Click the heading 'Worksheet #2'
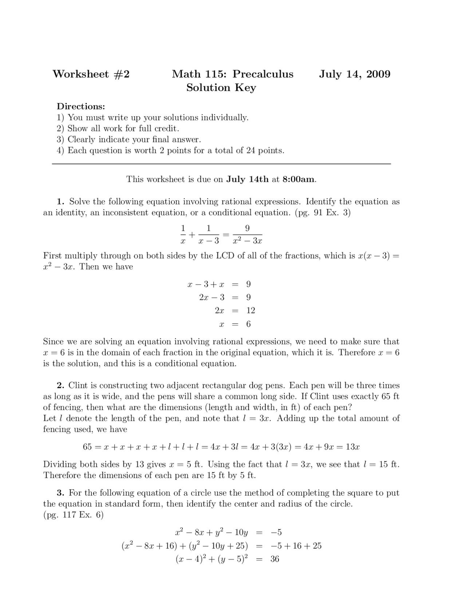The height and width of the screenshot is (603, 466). (x=91, y=74)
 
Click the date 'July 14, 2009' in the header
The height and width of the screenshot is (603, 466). (x=355, y=74)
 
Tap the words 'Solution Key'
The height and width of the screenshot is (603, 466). (x=221, y=88)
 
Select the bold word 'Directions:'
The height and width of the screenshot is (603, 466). (x=81, y=106)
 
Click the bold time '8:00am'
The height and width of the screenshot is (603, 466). (x=299, y=179)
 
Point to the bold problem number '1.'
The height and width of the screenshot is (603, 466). (x=60, y=202)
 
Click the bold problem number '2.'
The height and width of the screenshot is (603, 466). (x=60, y=386)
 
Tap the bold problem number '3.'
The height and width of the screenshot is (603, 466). (x=60, y=493)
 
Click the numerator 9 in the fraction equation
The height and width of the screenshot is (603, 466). (x=247, y=228)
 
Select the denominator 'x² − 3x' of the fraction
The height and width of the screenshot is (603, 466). (x=248, y=241)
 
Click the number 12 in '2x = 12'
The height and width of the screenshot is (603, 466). (x=250, y=311)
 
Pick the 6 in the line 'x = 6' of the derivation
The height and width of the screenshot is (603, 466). (x=248, y=324)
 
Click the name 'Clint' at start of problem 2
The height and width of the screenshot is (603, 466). (x=78, y=386)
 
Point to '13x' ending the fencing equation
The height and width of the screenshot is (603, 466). (x=352, y=447)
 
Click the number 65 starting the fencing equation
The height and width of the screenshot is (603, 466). (x=87, y=447)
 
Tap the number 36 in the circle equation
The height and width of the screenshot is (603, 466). (x=275, y=559)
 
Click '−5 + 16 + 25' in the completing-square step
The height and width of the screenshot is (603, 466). (x=296, y=546)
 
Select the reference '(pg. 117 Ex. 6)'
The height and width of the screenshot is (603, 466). (x=73, y=515)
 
